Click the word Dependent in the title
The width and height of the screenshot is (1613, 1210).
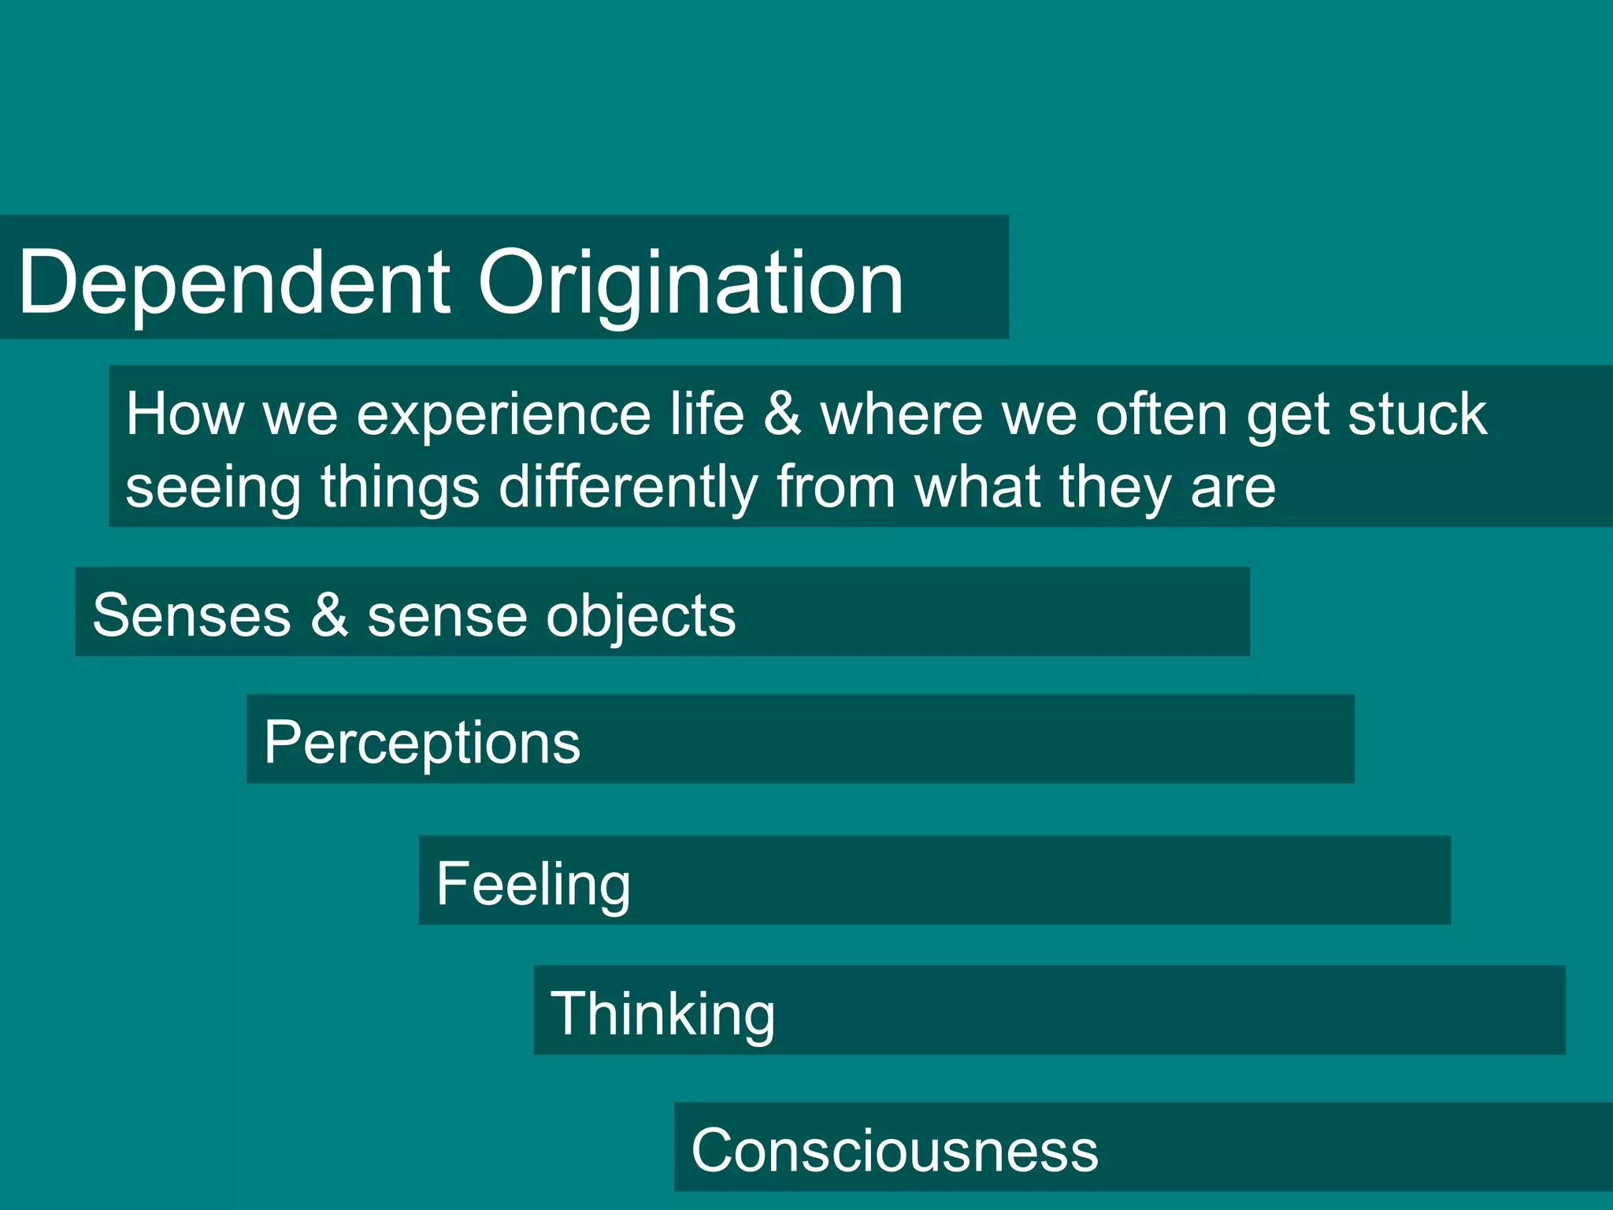point(234,282)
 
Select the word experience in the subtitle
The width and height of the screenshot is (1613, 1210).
point(503,415)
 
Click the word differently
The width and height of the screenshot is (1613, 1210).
point(628,488)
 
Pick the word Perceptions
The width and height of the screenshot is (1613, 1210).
point(422,743)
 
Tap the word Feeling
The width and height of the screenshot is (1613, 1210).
point(533,885)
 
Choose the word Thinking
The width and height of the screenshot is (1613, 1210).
point(662,1015)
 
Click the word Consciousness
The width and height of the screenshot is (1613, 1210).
point(894,1150)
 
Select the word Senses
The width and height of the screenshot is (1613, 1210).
point(191,615)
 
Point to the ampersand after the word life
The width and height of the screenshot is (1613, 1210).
point(782,414)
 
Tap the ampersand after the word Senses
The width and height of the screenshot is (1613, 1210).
point(329,614)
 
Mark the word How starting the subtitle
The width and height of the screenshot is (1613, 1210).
point(184,414)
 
